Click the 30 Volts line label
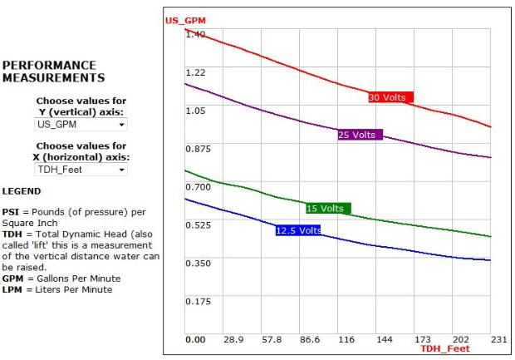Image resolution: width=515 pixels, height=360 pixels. tap(390, 97)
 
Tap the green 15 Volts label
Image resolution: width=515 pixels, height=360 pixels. tap(328, 208)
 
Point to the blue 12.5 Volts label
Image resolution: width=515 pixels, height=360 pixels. tap(297, 229)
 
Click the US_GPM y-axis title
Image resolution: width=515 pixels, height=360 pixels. tap(184, 20)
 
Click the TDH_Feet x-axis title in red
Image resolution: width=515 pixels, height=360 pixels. tap(444, 348)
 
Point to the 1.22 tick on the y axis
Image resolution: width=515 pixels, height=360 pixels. tap(195, 72)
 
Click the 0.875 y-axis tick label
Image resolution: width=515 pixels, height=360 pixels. tap(198, 148)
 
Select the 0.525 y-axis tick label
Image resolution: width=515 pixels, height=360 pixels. tap(198, 224)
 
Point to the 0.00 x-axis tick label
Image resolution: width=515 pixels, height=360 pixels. tap(195, 340)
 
